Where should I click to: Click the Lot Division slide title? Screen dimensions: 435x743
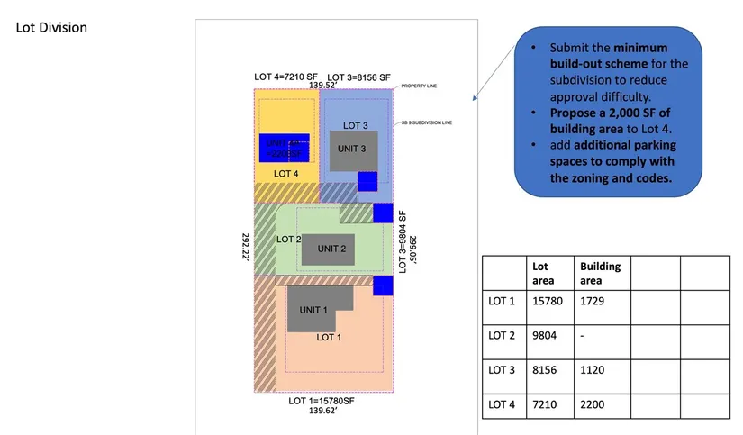tap(52, 28)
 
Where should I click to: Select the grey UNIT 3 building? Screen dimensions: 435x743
tap(352, 151)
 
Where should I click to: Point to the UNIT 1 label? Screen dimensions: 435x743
tap(313, 310)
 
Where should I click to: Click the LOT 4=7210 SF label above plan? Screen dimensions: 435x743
tap(286, 77)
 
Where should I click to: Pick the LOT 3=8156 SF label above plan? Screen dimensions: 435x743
tap(359, 77)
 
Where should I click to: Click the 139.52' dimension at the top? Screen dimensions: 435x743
tap(322, 86)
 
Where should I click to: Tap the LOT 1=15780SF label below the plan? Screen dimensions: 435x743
tap(322, 401)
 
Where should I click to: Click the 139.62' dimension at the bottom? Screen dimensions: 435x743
tap(322, 411)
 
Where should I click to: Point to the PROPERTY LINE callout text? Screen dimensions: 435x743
tap(419, 84)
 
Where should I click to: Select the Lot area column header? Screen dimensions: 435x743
tap(540, 273)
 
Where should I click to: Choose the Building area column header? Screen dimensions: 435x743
tap(600, 273)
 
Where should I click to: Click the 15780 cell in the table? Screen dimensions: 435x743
tap(548, 300)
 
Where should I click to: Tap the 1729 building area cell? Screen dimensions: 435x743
tap(593, 300)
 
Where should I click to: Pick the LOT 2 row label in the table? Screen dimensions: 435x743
tap(502, 335)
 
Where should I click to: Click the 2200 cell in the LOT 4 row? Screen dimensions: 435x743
tap(593, 405)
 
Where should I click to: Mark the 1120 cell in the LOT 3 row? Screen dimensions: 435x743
tap(593, 370)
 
